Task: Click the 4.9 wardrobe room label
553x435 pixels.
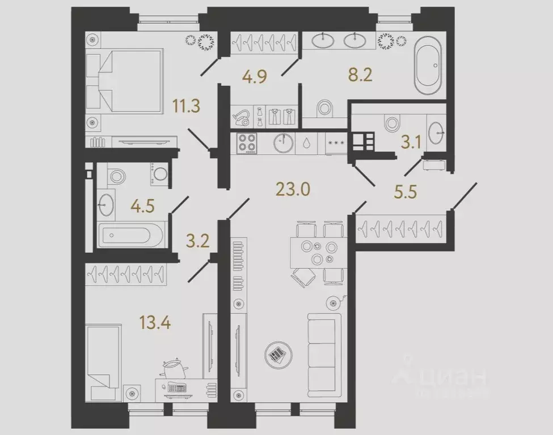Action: [x=254, y=76]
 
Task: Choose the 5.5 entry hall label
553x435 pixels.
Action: [x=405, y=192]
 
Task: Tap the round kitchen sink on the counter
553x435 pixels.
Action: [x=282, y=143]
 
